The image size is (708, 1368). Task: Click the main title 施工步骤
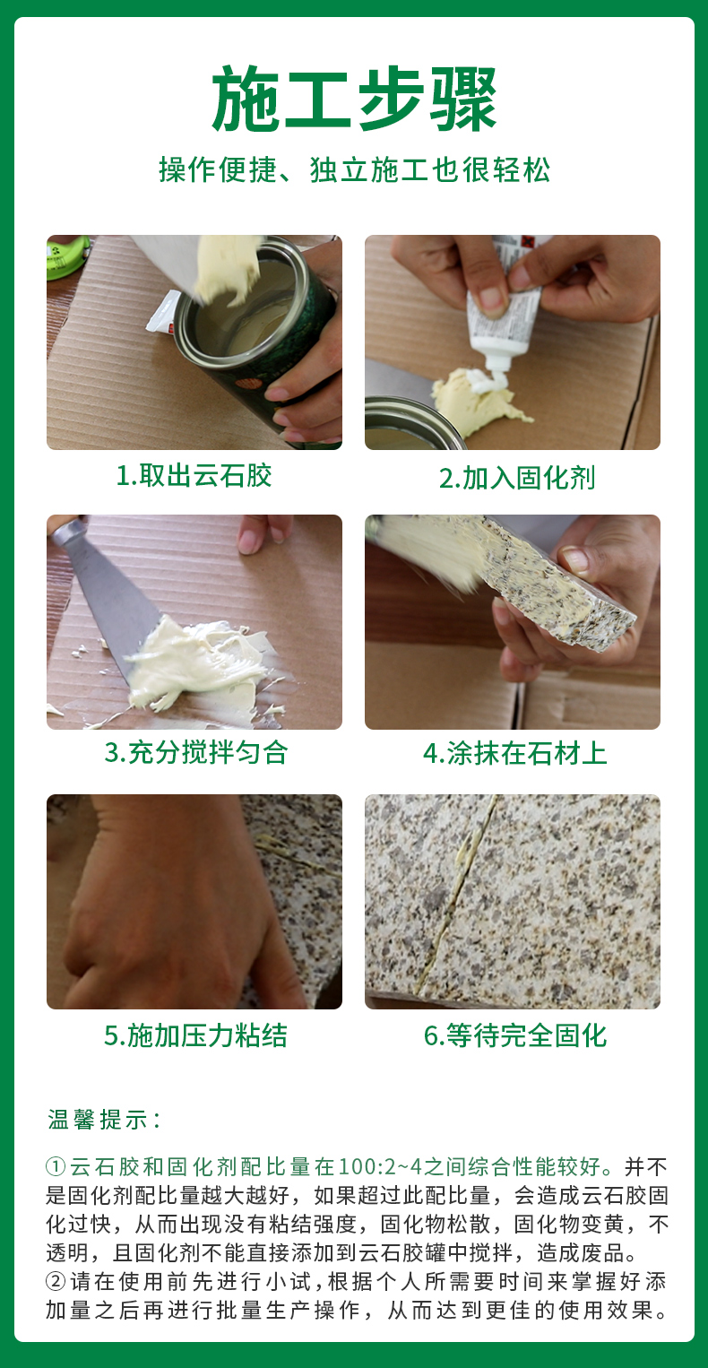[354, 99]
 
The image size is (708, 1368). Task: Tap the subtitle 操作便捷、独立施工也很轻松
[355, 169]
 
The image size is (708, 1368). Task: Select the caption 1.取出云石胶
[194, 475]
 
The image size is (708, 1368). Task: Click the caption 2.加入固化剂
[517, 478]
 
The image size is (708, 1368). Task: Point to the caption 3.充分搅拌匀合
[196, 752]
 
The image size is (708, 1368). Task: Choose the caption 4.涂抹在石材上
[515, 753]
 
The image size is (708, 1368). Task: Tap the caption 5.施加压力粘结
[195, 1035]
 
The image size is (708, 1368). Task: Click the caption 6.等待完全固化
[515, 1035]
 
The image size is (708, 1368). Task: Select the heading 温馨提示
[104, 1120]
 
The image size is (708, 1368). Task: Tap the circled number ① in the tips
[56, 1166]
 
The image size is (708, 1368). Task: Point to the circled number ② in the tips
[56, 1281]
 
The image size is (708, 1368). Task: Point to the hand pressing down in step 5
[171, 904]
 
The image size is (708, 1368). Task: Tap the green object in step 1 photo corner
[67, 256]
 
